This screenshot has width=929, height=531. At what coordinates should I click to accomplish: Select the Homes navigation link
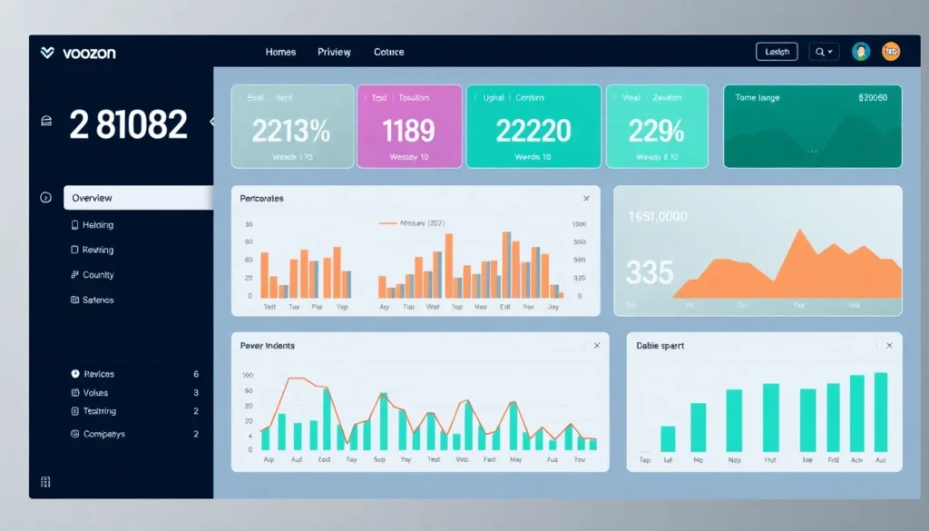click(x=280, y=53)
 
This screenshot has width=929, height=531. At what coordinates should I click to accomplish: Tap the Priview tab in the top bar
click(x=334, y=53)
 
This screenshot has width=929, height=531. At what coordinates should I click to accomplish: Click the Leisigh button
click(x=777, y=53)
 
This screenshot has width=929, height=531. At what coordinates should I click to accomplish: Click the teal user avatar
click(x=861, y=52)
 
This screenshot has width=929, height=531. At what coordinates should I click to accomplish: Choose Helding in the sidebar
click(x=98, y=225)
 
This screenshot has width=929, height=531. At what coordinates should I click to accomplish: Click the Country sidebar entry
click(x=98, y=275)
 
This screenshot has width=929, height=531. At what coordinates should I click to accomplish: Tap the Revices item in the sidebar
click(x=99, y=374)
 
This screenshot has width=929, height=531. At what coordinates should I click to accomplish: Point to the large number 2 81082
click(x=128, y=125)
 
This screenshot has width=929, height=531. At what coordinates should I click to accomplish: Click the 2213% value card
click(x=291, y=127)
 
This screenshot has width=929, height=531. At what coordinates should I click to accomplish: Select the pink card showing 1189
click(x=409, y=127)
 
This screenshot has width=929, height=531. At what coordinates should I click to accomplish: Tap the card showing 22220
click(x=533, y=127)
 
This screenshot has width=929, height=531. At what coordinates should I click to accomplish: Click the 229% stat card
click(x=656, y=127)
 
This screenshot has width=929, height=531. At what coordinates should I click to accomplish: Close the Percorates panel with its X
click(x=586, y=198)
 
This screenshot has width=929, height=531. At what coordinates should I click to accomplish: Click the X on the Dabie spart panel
click(x=889, y=346)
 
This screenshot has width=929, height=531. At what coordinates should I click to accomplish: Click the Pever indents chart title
click(x=267, y=346)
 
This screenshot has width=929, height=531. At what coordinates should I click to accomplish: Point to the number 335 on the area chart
click(x=650, y=271)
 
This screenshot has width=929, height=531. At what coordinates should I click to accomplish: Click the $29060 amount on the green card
click(x=873, y=97)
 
